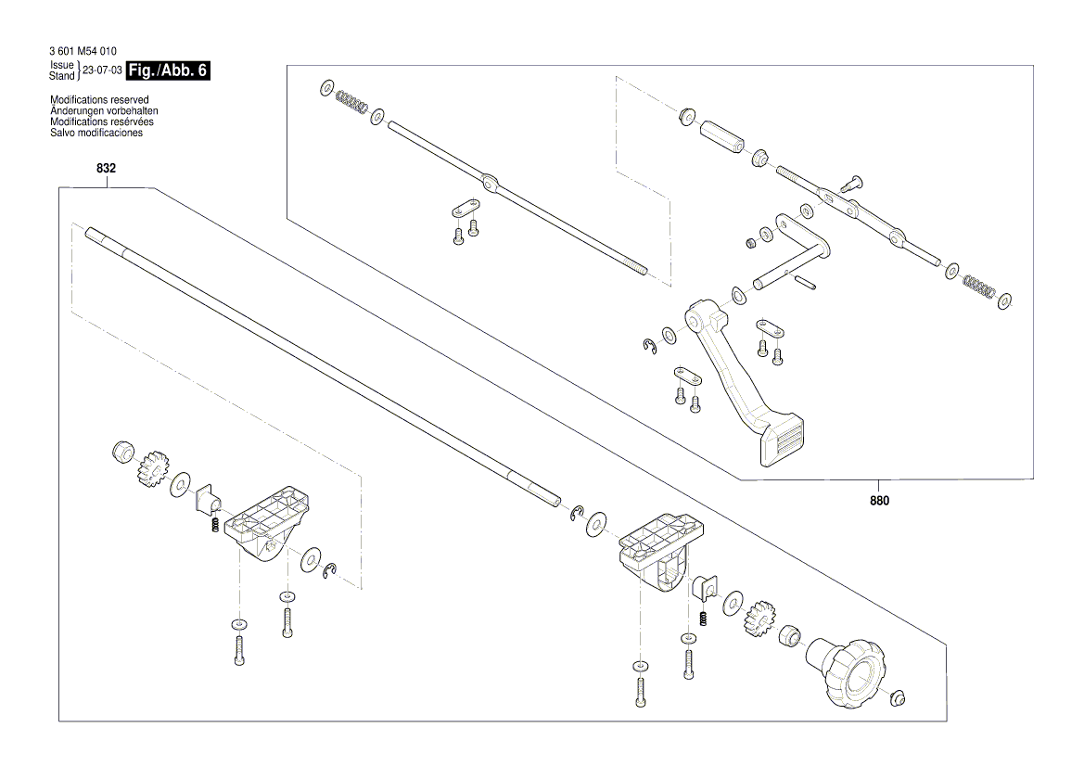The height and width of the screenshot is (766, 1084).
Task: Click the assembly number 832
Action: coord(106,169)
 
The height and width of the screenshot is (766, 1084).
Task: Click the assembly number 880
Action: coord(879,501)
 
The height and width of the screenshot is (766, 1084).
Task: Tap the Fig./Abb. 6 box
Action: coord(168,70)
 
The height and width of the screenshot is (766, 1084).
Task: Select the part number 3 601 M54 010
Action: coord(83,51)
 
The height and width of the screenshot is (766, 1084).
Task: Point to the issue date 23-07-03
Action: coord(102,70)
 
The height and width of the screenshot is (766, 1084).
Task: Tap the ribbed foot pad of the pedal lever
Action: coord(781,442)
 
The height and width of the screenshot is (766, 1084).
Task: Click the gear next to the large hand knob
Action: coord(757,616)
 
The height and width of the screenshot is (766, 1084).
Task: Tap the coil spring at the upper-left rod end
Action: coord(351,100)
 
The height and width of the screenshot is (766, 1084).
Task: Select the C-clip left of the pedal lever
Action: coord(650,347)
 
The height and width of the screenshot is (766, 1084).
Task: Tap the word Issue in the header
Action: coord(62,65)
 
